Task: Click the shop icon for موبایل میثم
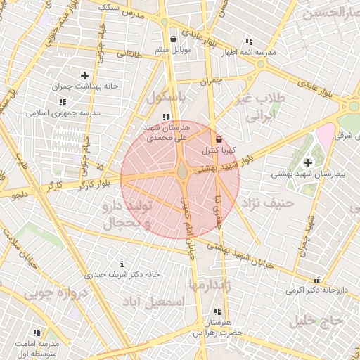coord(174,39)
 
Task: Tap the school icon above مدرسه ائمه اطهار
coord(247,41)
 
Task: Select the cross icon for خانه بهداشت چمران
coord(85,75)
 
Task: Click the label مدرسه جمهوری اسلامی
coord(63,112)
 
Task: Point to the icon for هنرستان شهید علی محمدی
coord(165,117)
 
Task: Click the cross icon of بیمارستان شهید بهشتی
coord(308,162)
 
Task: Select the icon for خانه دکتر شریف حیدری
coord(123,264)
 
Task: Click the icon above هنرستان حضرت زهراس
coord(217,311)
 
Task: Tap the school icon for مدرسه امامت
coord(37,332)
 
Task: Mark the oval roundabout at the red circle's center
coord(182,171)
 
